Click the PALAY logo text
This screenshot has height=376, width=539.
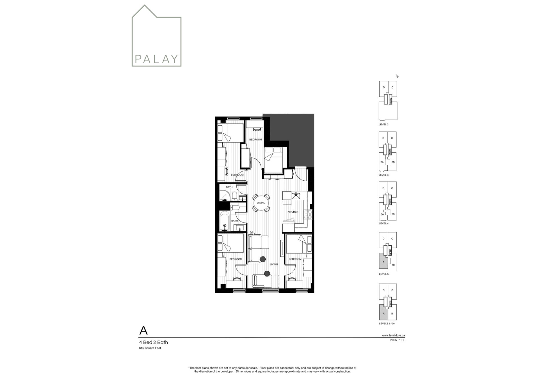[x=156, y=59]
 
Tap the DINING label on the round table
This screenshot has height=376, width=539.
[x=261, y=203]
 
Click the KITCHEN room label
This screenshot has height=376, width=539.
[x=293, y=212]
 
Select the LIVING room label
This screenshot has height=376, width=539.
[x=274, y=264]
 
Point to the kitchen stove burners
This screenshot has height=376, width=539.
[x=308, y=215]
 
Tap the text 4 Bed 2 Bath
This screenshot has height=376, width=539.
[x=153, y=342]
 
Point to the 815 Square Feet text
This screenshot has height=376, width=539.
[x=150, y=348]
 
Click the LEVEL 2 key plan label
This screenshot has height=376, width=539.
[x=384, y=124]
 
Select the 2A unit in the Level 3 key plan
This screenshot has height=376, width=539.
[x=382, y=162]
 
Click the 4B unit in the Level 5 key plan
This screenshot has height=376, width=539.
[x=393, y=265]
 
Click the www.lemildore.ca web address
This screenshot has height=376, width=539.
[x=393, y=335]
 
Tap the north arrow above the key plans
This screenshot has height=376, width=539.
[x=397, y=76]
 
